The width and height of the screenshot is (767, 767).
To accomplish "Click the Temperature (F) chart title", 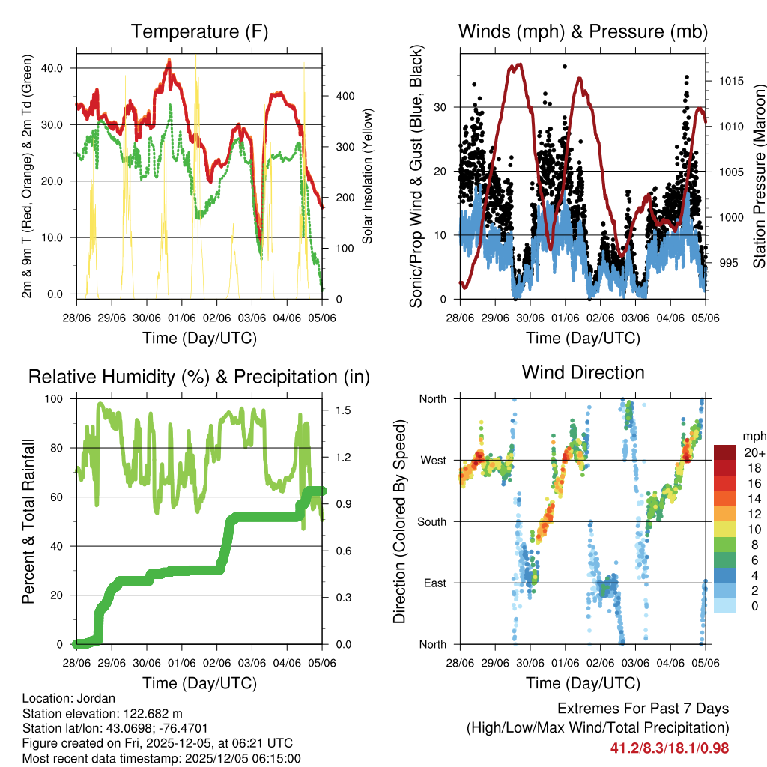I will click(199, 31).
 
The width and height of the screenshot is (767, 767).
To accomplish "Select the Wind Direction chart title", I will click(583, 372).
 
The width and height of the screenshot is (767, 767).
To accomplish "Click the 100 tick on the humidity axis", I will click(56, 398).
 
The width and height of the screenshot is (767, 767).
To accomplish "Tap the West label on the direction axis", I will click(433, 460).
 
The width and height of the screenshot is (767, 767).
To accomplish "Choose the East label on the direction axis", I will click(434, 583).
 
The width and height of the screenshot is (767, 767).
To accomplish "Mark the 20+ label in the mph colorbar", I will click(754, 453).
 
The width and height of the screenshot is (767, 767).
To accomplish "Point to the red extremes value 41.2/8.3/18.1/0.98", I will click(669, 748).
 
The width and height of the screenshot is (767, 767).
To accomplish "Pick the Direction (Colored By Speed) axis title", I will click(399, 521).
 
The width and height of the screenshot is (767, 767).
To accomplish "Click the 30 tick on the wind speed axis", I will click(441, 107).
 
